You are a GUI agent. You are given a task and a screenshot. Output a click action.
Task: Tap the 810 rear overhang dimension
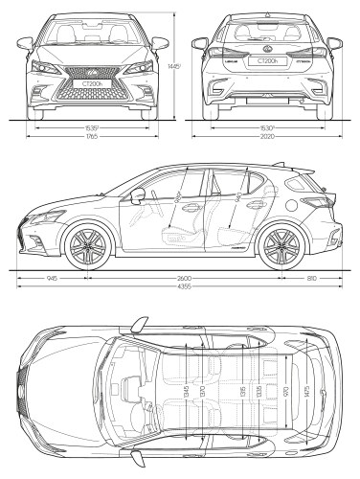click(312, 278)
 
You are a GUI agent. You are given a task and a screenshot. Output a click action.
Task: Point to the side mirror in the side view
click(140, 197)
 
